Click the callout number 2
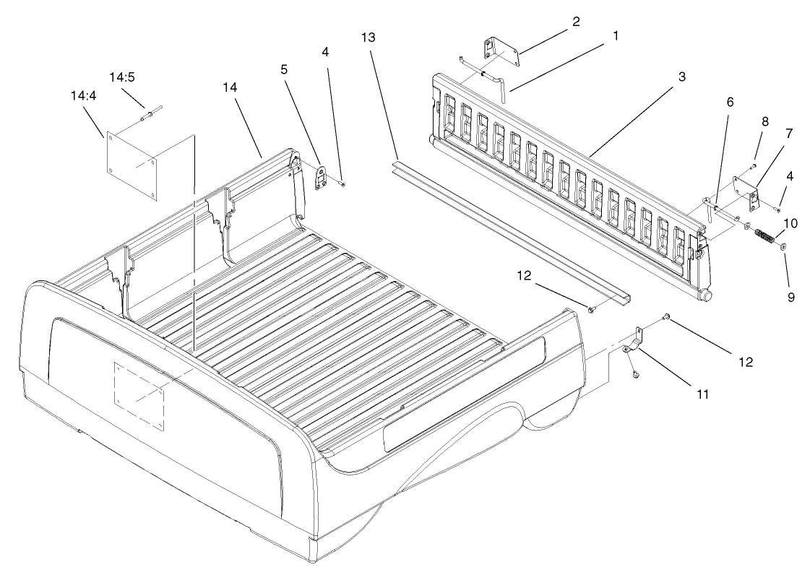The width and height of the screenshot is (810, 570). (x=576, y=22)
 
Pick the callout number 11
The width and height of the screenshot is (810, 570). (x=700, y=394)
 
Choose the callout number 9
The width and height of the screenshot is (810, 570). (x=789, y=296)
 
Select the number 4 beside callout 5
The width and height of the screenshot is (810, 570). (x=324, y=53)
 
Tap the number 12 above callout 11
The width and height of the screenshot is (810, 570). (x=744, y=362)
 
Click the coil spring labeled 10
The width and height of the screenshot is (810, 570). (x=763, y=236)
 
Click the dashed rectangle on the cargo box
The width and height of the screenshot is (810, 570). (x=139, y=397)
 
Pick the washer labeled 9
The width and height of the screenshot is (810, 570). (x=785, y=248)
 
